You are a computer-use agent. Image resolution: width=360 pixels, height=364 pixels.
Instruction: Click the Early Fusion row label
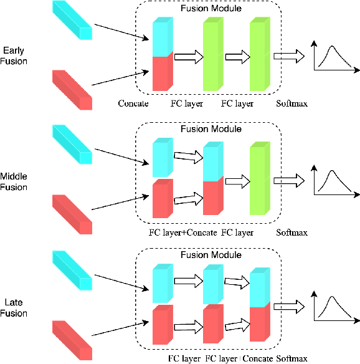tap(14, 57)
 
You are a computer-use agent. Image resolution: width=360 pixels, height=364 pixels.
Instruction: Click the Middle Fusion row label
tap(14, 181)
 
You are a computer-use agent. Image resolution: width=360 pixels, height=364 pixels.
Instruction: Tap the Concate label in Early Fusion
tap(133, 103)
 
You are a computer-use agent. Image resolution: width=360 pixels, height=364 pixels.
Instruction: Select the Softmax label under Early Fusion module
tap(291, 103)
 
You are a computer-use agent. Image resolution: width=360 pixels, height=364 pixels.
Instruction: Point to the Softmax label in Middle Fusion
tap(291, 232)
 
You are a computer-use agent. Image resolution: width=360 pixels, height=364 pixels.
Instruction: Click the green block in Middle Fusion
tap(258, 181)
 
